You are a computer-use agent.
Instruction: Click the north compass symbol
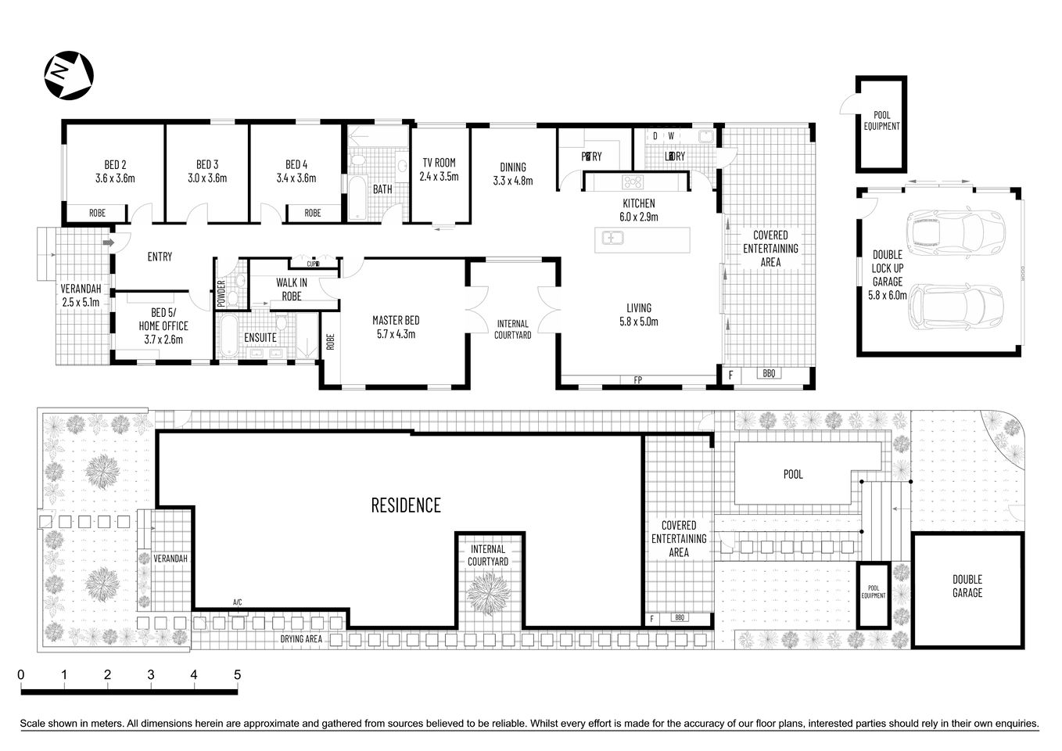pyautogui.click(x=69, y=75)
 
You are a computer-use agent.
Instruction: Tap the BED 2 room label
pyautogui.click(x=115, y=164)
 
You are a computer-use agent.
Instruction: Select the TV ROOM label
pyautogui.click(x=439, y=163)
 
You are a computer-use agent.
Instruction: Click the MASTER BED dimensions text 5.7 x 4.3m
pyautogui.click(x=396, y=334)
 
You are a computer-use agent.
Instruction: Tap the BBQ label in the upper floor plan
pyautogui.click(x=768, y=374)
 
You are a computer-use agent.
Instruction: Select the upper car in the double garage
pyautogui.click(x=946, y=231)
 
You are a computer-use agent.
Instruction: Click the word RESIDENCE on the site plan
pyautogui.click(x=405, y=505)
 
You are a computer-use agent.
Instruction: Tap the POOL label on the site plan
pyautogui.click(x=793, y=474)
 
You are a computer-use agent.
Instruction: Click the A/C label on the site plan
pyautogui.click(x=238, y=602)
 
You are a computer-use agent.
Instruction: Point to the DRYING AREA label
pyautogui.click(x=302, y=639)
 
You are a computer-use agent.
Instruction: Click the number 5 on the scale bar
pyautogui.click(x=237, y=674)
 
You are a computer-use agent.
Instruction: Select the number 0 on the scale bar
pyautogui.click(x=21, y=674)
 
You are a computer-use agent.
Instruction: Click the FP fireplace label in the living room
pyautogui.click(x=637, y=380)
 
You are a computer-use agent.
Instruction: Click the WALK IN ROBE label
pyautogui.click(x=291, y=289)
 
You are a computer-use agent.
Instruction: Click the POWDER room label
pyautogui.click(x=221, y=293)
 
